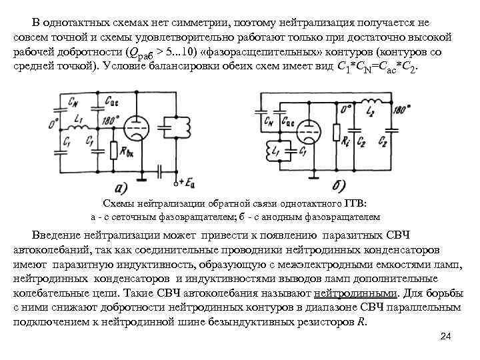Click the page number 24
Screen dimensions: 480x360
446,338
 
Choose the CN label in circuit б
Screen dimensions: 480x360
269,121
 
